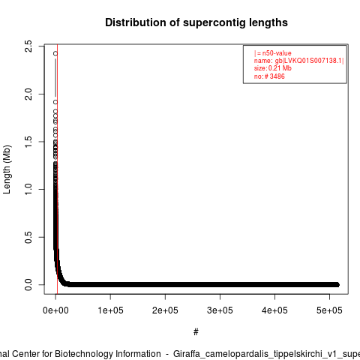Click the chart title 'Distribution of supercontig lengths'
coord(196,22)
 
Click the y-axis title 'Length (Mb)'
coord(7,169)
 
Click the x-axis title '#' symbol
coord(196,331)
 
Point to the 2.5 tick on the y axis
coord(28,46)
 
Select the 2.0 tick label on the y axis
coord(28,94)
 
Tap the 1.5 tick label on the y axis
coord(28,142)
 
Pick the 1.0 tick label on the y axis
coord(28,189)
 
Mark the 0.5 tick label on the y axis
coord(28,237)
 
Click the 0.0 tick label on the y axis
coord(28,285)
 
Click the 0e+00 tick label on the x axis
coord(55,310)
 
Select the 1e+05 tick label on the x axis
coord(110,310)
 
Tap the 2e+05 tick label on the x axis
coord(165,310)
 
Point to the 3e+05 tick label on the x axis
coord(220,310)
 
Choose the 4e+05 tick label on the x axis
coord(274,310)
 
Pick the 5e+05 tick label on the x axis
coord(329,310)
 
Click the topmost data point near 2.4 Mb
coord(55,53)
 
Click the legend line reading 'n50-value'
coord(273,53)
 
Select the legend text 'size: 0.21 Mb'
coord(273,68)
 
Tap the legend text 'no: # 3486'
coord(269,76)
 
